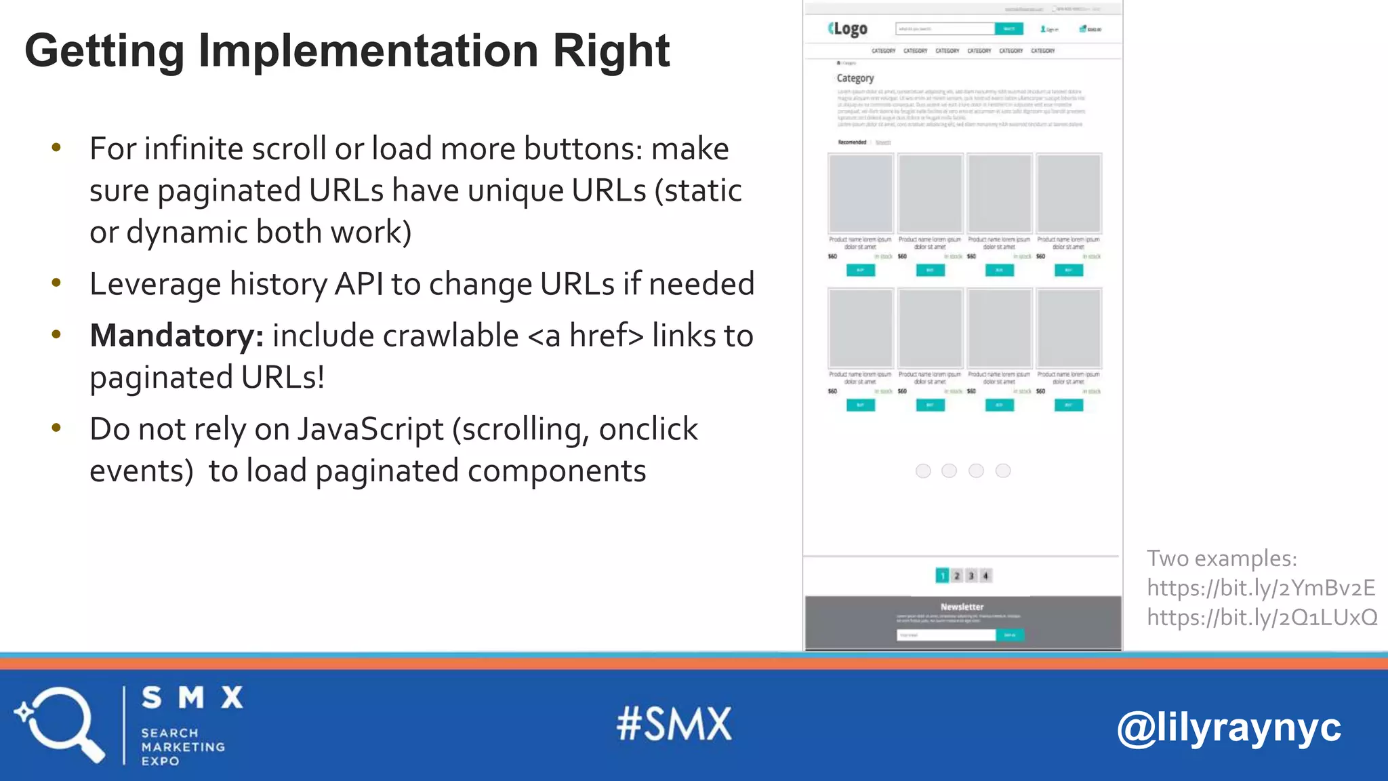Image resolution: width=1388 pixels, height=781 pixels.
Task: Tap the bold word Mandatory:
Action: pos(176,336)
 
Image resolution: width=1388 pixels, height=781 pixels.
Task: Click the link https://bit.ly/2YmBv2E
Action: pos(1261,588)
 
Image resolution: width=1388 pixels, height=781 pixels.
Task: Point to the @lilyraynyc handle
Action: pos(1229,728)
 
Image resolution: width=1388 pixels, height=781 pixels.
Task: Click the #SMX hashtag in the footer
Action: pos(674,724)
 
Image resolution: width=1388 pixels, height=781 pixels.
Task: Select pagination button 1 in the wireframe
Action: pos(942,576)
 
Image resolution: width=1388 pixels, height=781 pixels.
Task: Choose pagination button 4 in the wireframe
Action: pos(986,576)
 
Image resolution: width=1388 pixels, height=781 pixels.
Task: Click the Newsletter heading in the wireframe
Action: pos(962,607)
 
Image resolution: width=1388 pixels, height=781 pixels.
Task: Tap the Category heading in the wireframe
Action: pos(855,79)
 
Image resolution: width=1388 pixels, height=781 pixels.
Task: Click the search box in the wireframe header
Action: pos(945,29)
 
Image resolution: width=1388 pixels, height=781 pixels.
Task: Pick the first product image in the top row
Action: pos(861,194)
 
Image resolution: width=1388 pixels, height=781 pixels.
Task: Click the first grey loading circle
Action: pos(923,471)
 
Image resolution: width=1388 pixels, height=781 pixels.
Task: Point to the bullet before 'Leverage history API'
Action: pos(57,283)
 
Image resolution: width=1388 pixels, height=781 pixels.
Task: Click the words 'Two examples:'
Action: pos(1221,559)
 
